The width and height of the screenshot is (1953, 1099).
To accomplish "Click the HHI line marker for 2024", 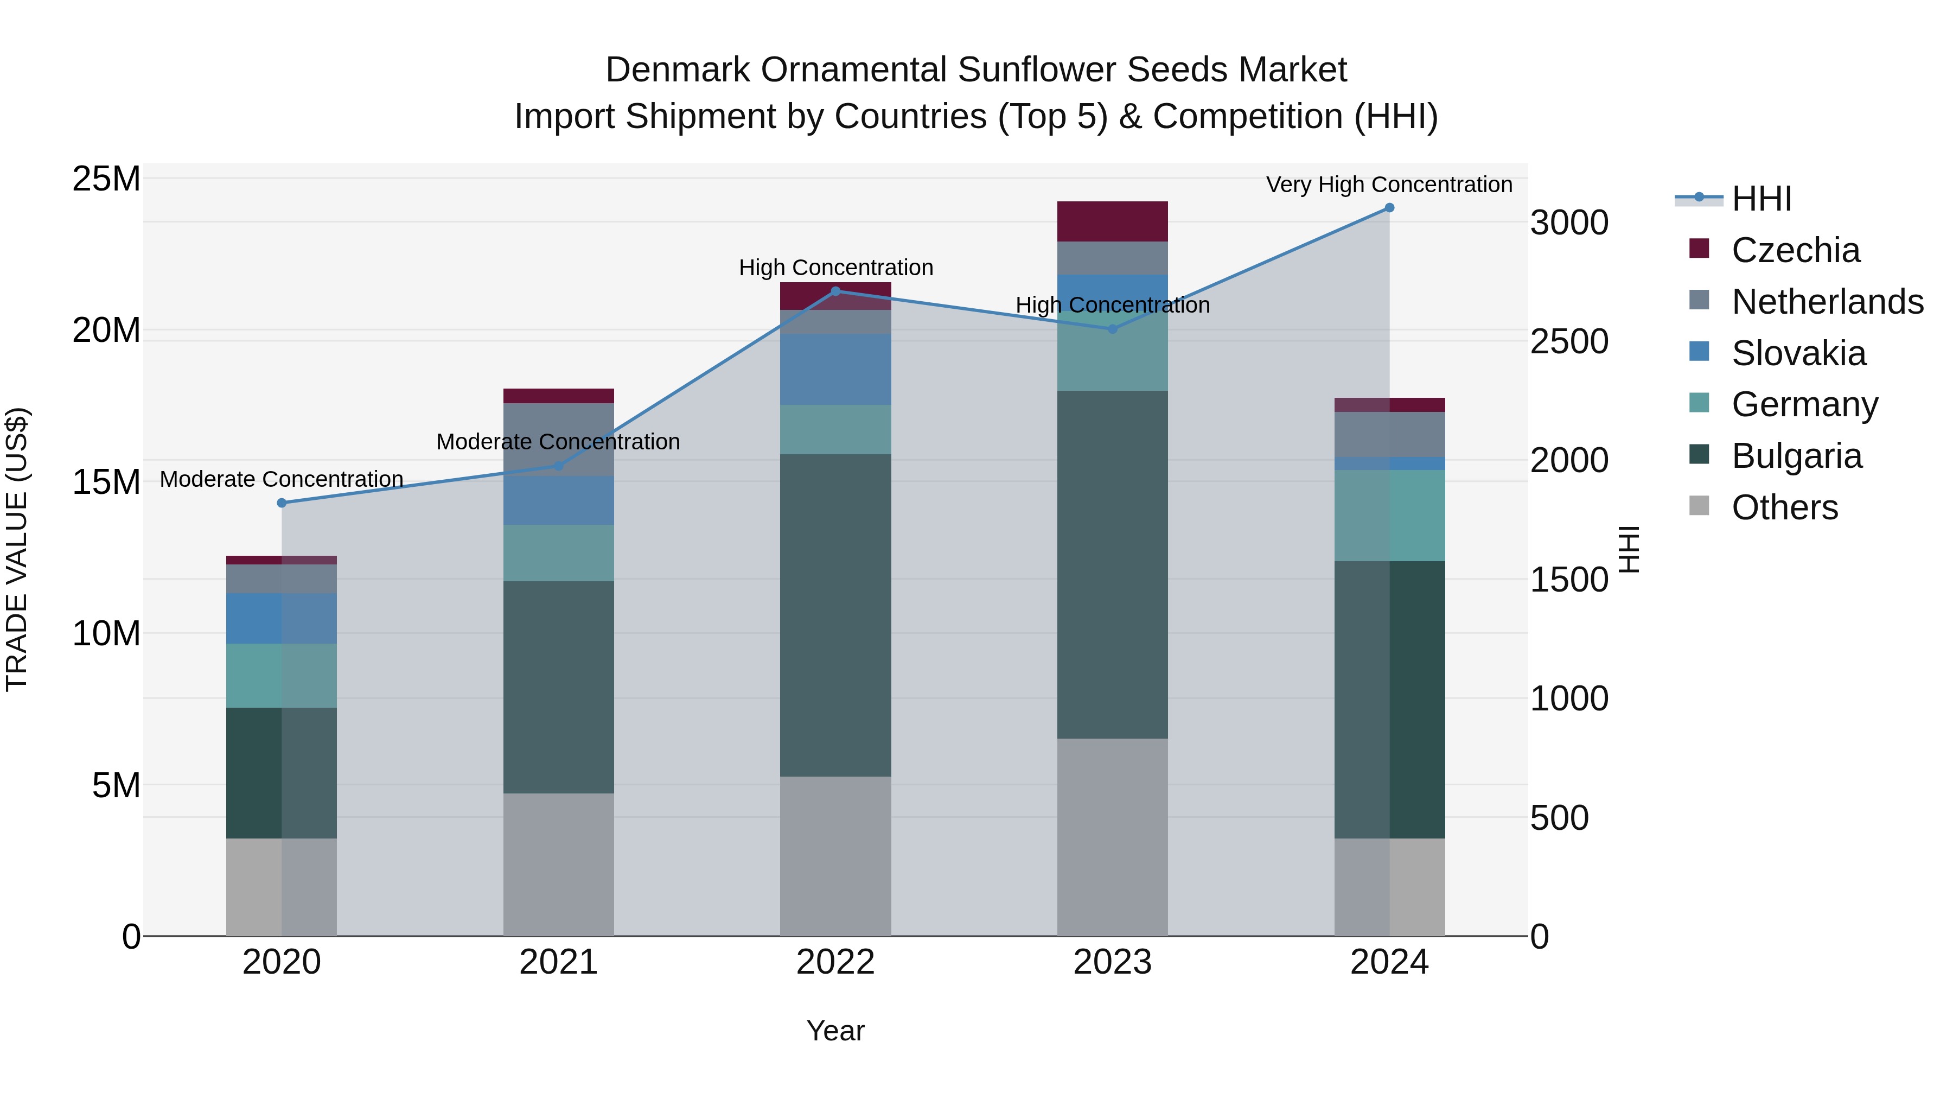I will pos(1389,208).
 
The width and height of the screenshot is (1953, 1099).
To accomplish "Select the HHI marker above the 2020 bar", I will pos(282,503).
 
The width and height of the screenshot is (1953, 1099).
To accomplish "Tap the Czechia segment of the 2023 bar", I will pos(1112,221).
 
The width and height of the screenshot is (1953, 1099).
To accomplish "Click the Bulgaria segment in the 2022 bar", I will pos(835,614).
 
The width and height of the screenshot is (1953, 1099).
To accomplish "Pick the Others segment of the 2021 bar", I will pos(558,865).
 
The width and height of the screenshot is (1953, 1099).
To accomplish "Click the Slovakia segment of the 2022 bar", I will pos(835,370).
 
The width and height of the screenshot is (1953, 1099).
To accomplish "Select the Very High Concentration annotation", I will pos(1389,185).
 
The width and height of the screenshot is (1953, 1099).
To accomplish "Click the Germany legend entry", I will pos(1804,404).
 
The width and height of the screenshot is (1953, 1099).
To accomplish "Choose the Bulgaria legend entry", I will pos(1796,456).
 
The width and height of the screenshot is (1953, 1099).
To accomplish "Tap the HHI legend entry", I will pos(1761,199).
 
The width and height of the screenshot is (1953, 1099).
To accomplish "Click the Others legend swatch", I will pos(1699,506).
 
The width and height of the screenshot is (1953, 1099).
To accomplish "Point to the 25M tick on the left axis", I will pos(106,180).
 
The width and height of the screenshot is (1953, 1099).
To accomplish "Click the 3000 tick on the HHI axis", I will pos(1568,223).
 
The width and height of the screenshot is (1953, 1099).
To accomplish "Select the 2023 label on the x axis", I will pos(1112,962).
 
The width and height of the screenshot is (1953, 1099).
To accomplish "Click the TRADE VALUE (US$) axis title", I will pos(17,549).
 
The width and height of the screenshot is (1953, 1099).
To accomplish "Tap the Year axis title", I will pos(835,1031).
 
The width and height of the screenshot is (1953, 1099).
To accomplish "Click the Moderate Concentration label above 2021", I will pos(558,441).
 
